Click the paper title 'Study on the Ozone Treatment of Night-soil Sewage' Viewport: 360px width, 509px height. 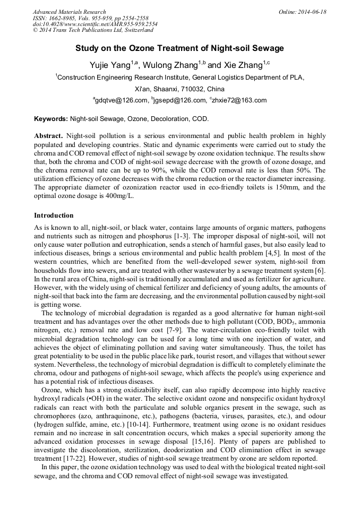[179, 48]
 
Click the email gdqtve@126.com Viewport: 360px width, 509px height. [121, 100]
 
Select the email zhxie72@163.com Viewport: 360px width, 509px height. [239, 100]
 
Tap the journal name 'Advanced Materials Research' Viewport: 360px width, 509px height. [69, 12]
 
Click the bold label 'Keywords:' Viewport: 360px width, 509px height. [51, 118]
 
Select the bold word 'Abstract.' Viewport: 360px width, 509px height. [49, 135]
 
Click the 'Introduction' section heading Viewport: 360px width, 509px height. [54, 215]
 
